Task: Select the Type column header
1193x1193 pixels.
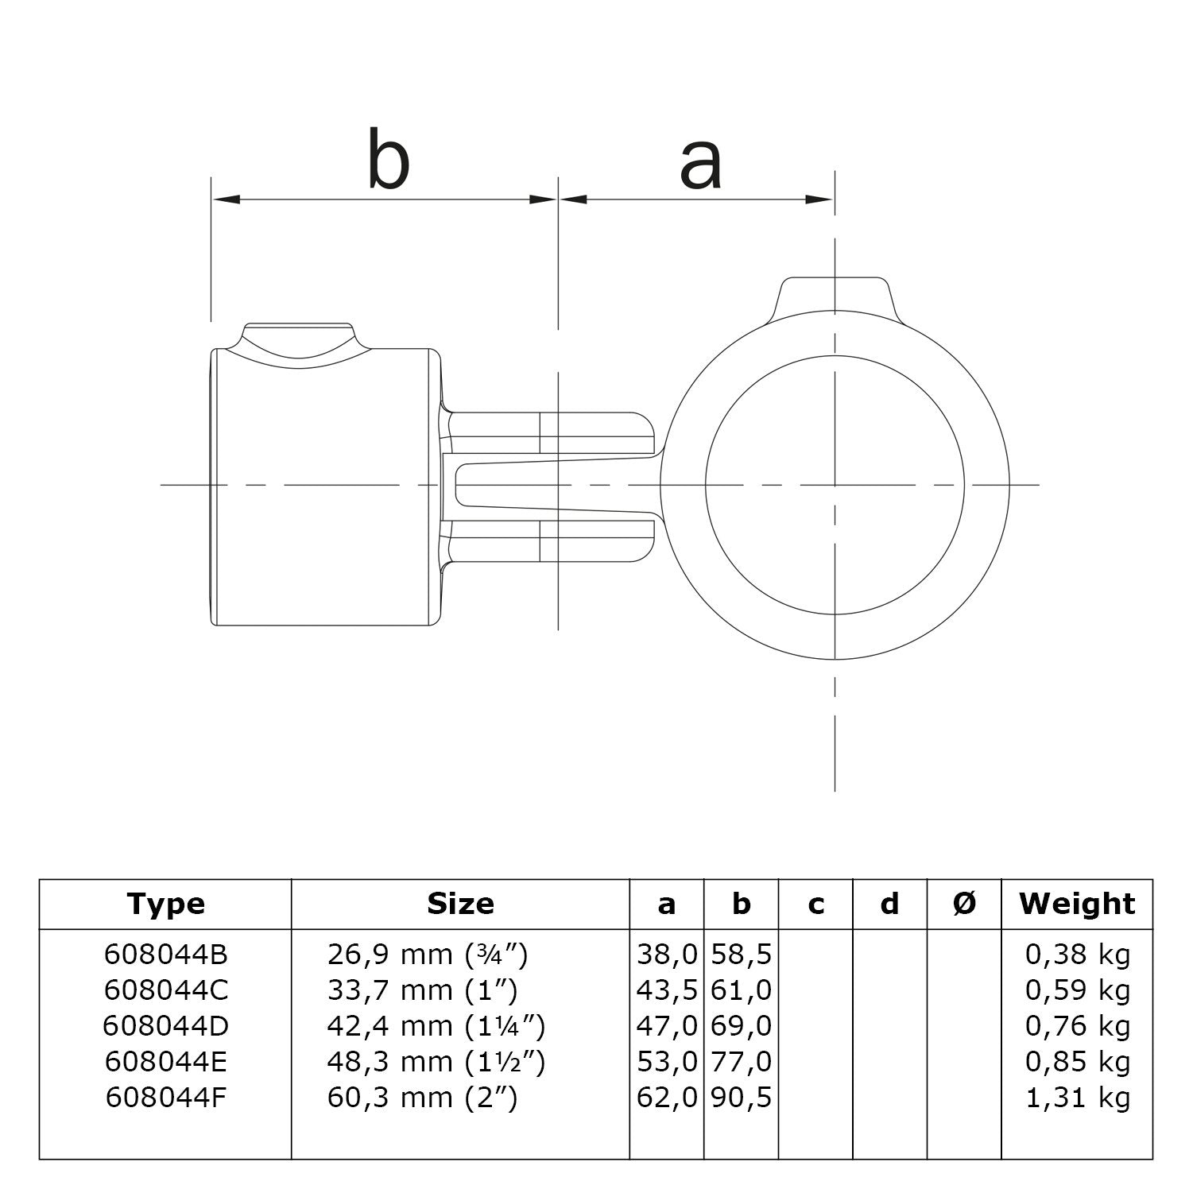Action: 165,904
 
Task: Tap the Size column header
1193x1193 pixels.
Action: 460,904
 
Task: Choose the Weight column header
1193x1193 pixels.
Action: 1077,904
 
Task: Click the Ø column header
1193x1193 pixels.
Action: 964,904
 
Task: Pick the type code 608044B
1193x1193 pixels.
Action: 165,954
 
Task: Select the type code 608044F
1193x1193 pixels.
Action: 165,1098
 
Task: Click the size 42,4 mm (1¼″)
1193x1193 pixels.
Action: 436,1026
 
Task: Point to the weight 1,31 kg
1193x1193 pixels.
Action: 1077,1098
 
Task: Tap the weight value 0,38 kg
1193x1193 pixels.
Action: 1077,954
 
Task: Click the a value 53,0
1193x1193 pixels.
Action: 667,1062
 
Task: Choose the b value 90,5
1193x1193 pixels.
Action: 742,1098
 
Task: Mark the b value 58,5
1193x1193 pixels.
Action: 742,954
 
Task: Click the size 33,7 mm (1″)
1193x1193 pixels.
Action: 422,990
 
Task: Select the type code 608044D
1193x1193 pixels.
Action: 165,1026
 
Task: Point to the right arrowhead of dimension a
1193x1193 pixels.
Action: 819,199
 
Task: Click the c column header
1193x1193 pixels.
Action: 815,904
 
